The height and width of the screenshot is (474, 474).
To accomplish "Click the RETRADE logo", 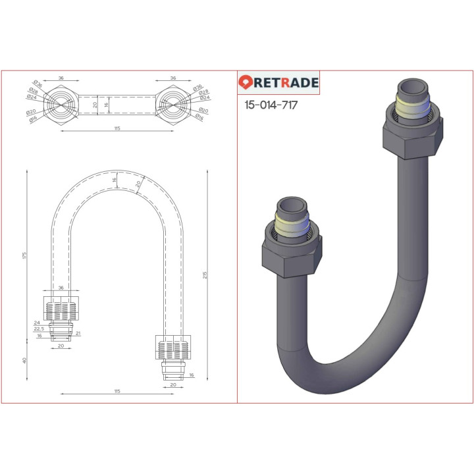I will [278, 83].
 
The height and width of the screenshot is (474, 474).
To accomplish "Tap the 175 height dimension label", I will [23, 255].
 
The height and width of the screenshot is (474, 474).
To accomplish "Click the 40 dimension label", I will [23, 361].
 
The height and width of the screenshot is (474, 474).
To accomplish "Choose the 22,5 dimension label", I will [38, 329].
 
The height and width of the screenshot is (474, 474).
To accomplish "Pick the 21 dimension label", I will [78, 334].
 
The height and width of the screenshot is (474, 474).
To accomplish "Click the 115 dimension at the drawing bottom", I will [117, 391].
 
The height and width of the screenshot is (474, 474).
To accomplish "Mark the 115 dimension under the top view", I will [117, 128].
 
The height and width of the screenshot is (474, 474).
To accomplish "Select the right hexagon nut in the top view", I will [173, 105].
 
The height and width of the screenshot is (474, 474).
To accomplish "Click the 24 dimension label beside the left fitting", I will [37, 323].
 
